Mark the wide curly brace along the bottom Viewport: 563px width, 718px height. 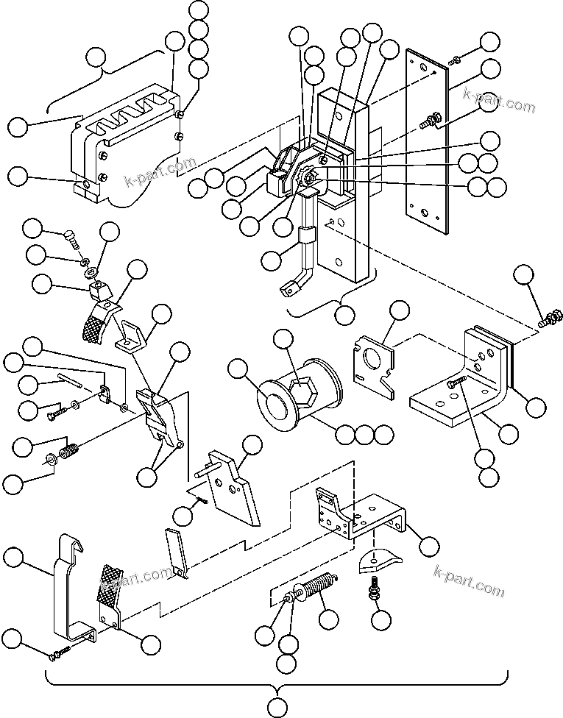(277, 681)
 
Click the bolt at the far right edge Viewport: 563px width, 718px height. (546, 320)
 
